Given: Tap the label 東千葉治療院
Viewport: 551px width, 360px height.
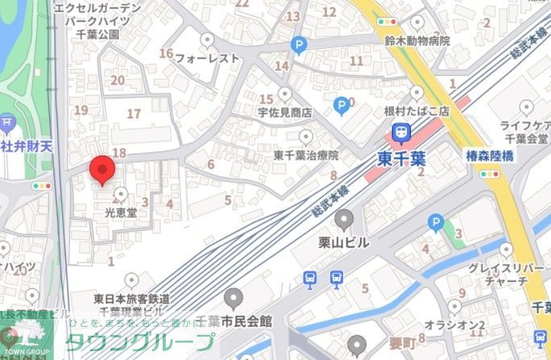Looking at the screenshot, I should click(x=305, y=155).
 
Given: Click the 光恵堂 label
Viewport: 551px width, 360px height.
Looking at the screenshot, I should click(x=122, y=214).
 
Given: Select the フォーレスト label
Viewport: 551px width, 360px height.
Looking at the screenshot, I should click(x=207, y=58).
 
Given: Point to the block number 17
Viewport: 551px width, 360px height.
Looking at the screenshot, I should click(x=134, y=114).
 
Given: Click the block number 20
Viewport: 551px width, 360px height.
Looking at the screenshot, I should click(x=118, y=79).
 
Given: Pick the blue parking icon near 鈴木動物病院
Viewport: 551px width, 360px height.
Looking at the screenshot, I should click(x=299, y=46).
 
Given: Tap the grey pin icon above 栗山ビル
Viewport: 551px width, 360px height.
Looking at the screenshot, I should click(x=345, y=218).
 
